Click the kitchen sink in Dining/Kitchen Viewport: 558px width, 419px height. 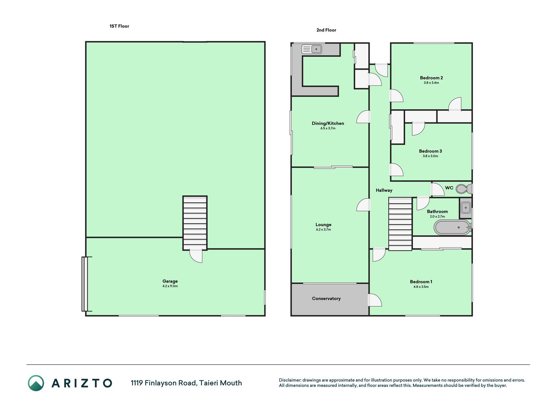(312, 49)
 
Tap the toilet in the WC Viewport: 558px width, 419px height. (464, 189)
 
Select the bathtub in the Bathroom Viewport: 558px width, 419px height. (452, 228)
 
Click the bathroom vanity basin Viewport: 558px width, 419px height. (465, 208)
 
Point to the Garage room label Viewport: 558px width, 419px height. (170, 281)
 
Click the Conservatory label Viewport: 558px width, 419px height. (326, 299)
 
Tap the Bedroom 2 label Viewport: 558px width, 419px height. (431, 78)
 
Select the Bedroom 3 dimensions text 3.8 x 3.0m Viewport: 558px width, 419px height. (430, 156)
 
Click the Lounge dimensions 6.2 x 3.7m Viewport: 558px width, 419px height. (323, 230)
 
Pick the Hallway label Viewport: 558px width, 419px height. (384, 190)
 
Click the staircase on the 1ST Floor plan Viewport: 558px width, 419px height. (195, 223)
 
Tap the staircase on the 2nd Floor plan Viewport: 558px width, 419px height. (400, 224)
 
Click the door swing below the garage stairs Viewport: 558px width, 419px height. (196, 256)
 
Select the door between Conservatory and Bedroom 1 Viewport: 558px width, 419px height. (375, 300)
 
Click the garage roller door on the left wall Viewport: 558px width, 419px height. (85, 284)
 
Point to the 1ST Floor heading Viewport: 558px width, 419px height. (119, 26)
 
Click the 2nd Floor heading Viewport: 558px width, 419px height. (326, 30)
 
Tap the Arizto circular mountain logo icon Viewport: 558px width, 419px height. (36, 383)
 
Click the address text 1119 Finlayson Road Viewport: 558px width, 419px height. (163, 383)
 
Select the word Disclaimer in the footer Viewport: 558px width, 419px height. (290, 380)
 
